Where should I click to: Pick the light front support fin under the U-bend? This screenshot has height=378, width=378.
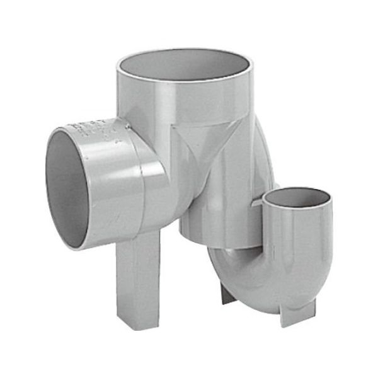point(296,315)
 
